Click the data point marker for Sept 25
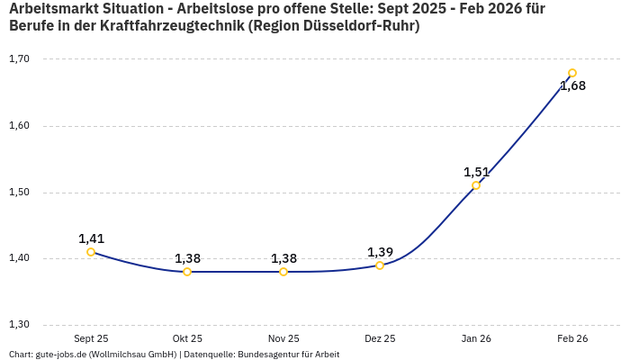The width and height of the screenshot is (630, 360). (x=91, y=252)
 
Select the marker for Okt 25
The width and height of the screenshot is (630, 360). (x=187, y=272)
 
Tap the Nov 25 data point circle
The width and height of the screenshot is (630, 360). (x=283, y=272)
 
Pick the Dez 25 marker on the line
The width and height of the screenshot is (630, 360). (x=380, y=265)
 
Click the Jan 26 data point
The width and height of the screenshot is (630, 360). (x=476, y=185)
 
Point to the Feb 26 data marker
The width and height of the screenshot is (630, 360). (x=572, y=73)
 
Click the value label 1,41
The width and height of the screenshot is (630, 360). (x=91, y=238)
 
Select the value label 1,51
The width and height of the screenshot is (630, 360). (x=476, y=172)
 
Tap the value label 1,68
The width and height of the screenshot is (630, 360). (x=572, y=86)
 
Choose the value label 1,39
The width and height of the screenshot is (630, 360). (x=380, y=252)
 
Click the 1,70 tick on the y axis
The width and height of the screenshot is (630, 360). (x=19, y=59)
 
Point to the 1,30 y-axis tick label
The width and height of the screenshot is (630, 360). (x=19, y=325)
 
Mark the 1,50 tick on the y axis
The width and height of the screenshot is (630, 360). (x=19, y=193)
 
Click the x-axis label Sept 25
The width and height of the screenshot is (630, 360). (x=91, y=338)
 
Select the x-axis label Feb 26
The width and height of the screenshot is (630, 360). (x=572, y=338)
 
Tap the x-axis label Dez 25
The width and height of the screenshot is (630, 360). (x=380, y=338)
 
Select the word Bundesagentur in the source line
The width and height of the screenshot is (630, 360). (x=265, y=354)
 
